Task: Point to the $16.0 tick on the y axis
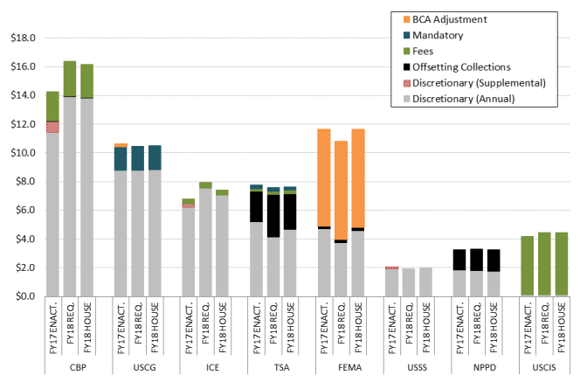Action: pyautogui.click(x=21, y=67)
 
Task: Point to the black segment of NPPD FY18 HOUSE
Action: pyautogui.click(x=494, y=260)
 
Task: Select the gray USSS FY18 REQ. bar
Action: pyautogui.click(x=409, y=282)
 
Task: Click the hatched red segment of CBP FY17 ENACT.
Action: pyautogui.click(x=52, y=127)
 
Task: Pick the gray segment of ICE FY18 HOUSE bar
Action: pyautogui.click(x=223, y=246)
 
